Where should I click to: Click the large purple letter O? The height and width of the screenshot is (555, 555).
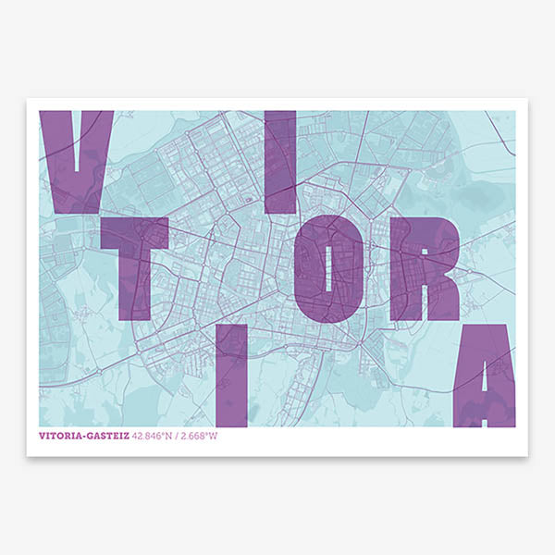325,268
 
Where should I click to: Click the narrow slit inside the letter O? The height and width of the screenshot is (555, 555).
327,268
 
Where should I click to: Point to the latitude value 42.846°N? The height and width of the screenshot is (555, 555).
152,437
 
